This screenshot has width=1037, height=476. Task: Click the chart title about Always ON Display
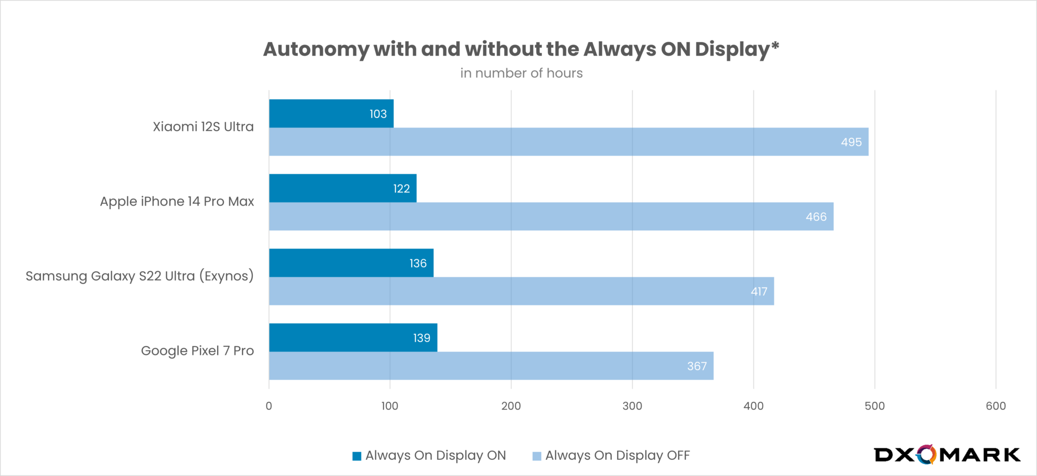point(521,50)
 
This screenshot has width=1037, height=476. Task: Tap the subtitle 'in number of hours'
point(521,73)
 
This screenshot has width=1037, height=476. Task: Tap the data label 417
point(759,292)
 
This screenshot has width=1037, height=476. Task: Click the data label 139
point(421,338)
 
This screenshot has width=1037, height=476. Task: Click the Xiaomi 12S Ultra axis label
point(203,127)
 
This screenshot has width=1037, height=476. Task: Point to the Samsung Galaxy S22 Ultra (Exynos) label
point(139,276)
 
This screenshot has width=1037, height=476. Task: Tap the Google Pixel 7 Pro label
point(197,351)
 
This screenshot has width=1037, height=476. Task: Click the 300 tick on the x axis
point(632,406)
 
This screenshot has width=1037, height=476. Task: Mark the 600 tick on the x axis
point(995,406)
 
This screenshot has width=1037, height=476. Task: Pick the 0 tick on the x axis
point(269,406)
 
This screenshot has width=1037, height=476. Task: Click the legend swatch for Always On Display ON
point(357,456)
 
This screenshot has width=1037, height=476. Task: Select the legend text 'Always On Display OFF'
point(617,456)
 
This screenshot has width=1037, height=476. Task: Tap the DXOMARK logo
point(947,455)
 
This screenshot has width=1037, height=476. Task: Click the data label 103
point(378,114)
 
